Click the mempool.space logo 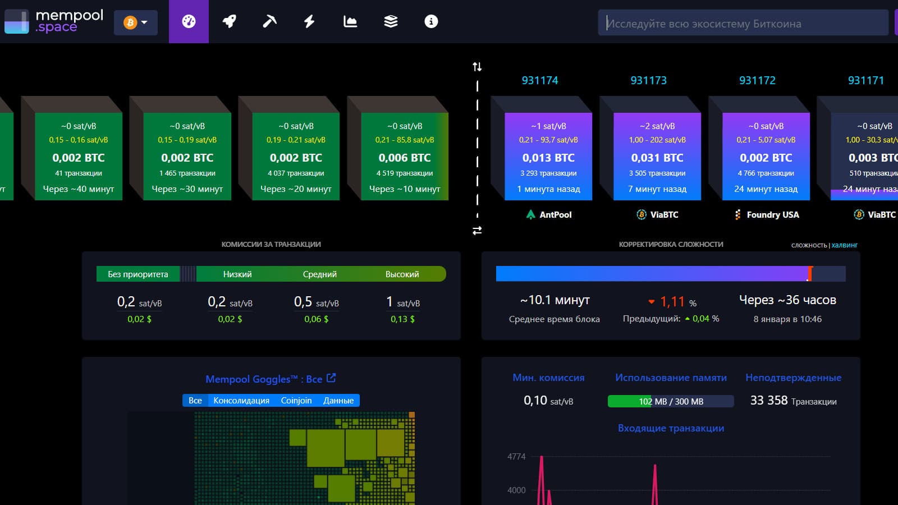click(x=54, y=21)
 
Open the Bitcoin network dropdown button click(x=135, y=22)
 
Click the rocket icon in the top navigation click(x=229, y=21)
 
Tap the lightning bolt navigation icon click(x=309, y=21)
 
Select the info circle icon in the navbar click(x=431, y=21)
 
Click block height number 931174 click(x=540, y=80)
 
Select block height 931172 click(x=757, y=80)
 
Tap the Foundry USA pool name click(x=772, y=214)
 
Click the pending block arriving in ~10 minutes click(x=404, y=157)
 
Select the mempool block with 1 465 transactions click(x=187, y=157)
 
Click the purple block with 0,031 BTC click(x=657, y=157)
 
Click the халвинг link click(x=845, y=245)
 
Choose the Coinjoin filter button click(x=296, y=400)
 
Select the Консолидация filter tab click(x=241, y=400)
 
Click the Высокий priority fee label click(x=402, y=274)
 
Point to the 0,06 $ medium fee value click(x=317, y=319)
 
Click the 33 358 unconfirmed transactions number click(x=769, y=401)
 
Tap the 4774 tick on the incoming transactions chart click(x=516, y=457)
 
